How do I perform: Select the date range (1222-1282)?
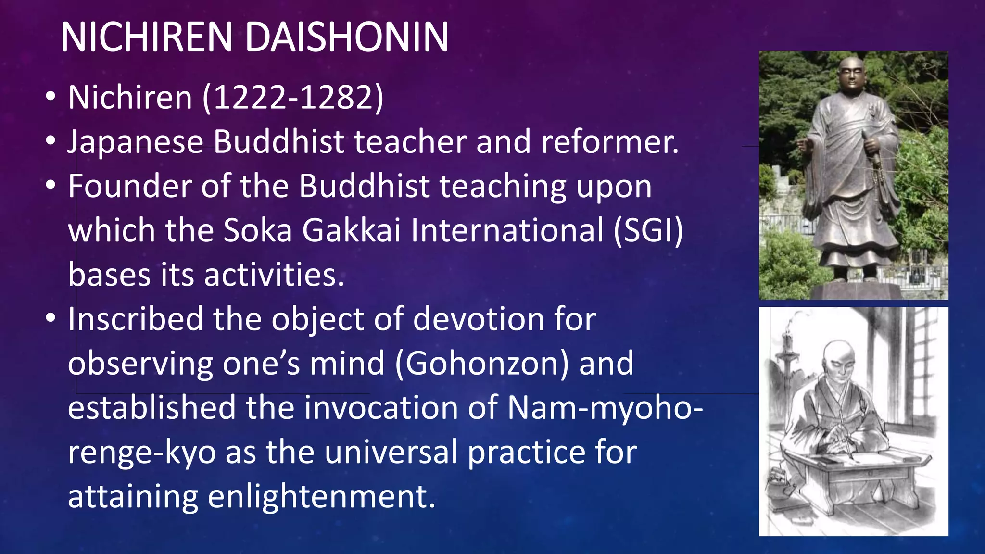293,98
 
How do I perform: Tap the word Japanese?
135,142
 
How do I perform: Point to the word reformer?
609,142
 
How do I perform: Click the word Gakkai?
351,231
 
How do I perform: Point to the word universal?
391,452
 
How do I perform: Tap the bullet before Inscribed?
51,319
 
